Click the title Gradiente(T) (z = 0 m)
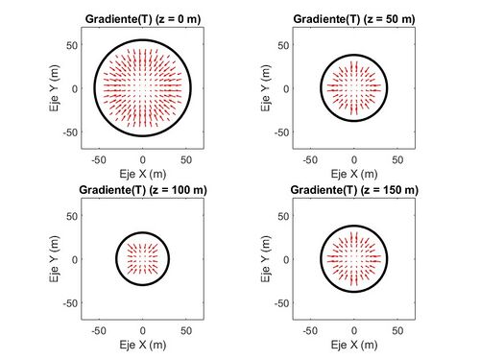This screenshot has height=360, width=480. (x=143, y=19)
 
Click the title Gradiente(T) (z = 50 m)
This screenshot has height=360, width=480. (x=354, y=19)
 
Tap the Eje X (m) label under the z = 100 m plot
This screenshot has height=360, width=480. (x=143, y=344)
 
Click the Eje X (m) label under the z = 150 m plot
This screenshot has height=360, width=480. (x=354, y=344)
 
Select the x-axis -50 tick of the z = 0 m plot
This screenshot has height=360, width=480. (x=99, y=159)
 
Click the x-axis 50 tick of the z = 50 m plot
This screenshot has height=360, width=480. (x=397, y=159)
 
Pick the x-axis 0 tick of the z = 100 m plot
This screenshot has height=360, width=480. (x=143, y=329)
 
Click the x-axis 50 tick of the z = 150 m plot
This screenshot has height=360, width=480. (x=397, y=329)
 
